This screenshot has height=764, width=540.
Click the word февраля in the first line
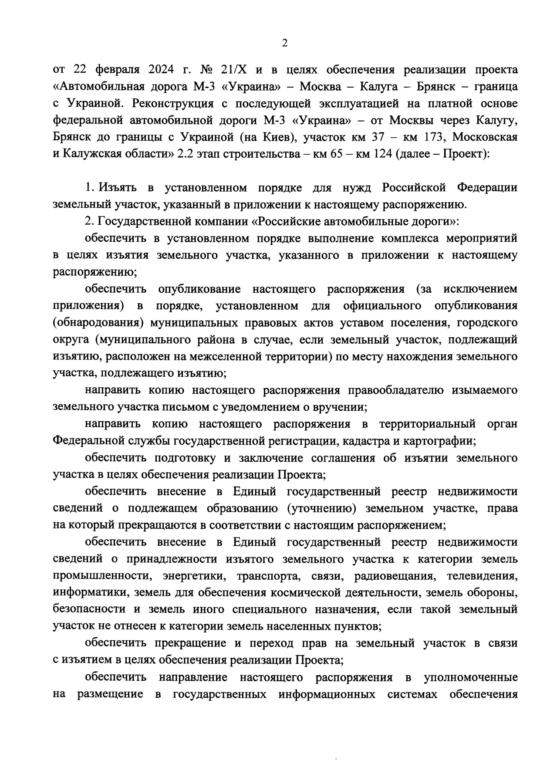pyautogui.click(x=116, y=70)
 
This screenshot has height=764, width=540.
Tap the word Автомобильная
pyautogui.click(x=115, y=87)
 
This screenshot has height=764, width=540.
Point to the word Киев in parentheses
pyautogui.click(x=277, y=137)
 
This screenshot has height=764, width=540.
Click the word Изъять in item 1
pyautogui.click(x=118, y=188)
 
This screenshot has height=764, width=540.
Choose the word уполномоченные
pyautogui.click(x=471, y=677)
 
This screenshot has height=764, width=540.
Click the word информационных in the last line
pyautogui.click(x=327, y=694)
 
